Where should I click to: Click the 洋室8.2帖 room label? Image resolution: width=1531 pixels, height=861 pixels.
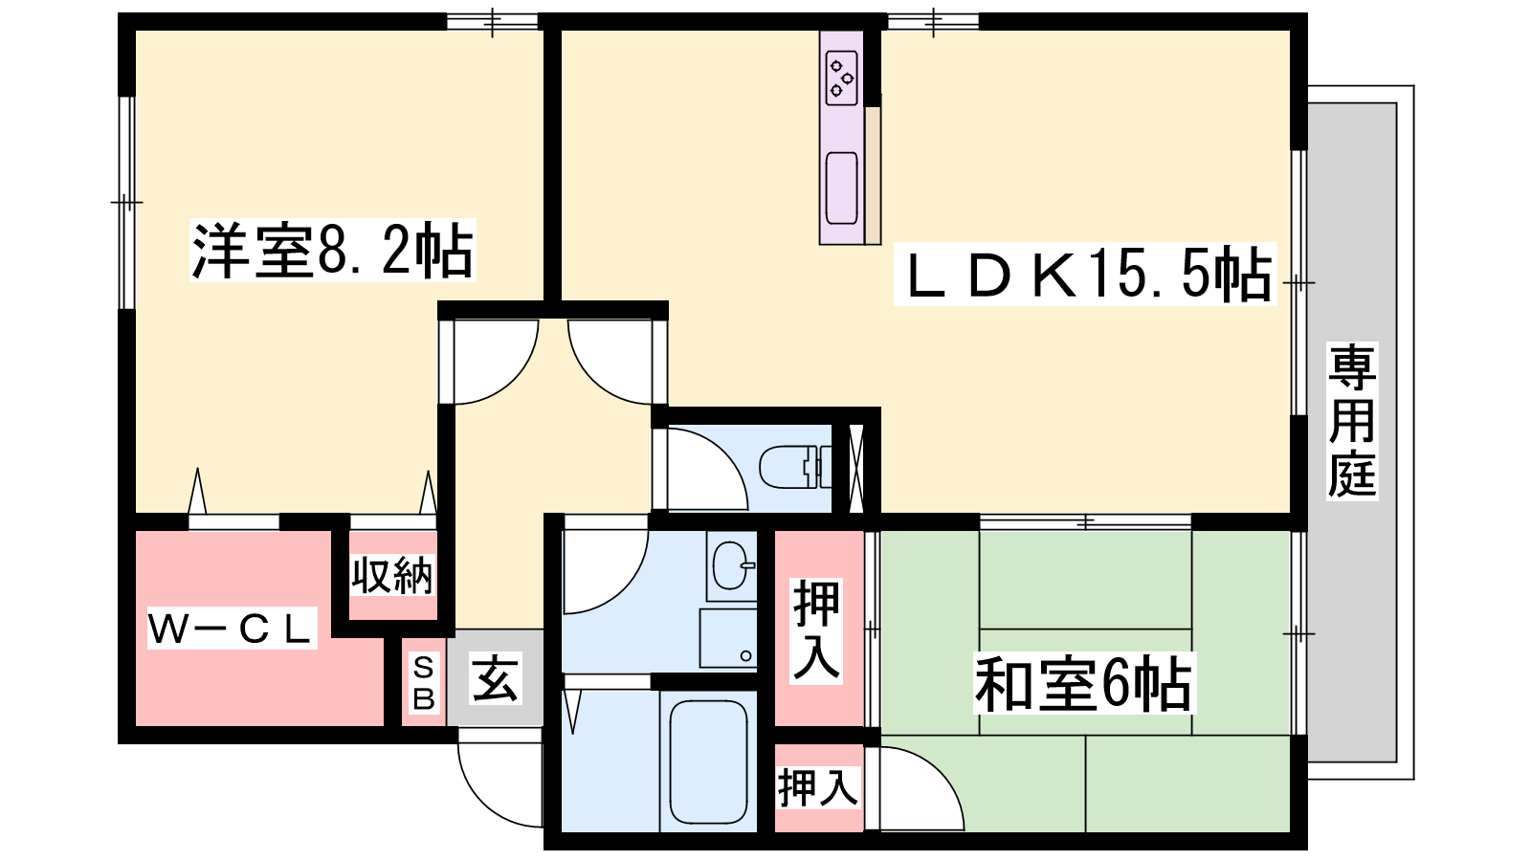click(332, 250)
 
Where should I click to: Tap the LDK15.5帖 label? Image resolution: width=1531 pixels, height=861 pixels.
click(1085, 274)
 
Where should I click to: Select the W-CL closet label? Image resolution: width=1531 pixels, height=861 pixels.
click(233, 629)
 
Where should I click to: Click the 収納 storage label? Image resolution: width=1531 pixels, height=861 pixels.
click(392, 575)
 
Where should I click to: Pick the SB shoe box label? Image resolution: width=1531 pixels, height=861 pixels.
click(424, 682)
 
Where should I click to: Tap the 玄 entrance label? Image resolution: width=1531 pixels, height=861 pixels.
click(496, 678)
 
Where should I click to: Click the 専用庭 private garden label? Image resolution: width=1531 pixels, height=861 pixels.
click(1352, 421)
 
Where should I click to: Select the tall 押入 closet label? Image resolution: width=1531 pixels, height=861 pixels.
click(817, 630)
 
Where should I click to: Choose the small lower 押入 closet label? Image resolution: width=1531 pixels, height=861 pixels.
click(817, 787)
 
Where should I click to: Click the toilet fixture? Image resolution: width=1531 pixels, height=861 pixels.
click(795, 467)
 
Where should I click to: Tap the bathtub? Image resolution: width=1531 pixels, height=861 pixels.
click(708, 762)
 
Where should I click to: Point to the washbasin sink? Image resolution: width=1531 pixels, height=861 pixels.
click(731, 565)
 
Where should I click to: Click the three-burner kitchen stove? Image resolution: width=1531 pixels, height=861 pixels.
click(841, 78)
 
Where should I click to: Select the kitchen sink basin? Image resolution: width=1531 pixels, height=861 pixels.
click(841, 188)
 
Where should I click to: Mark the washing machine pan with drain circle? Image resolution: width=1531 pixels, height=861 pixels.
click(728, 638)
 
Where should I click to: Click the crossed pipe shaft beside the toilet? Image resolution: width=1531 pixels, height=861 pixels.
click(855, 468)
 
